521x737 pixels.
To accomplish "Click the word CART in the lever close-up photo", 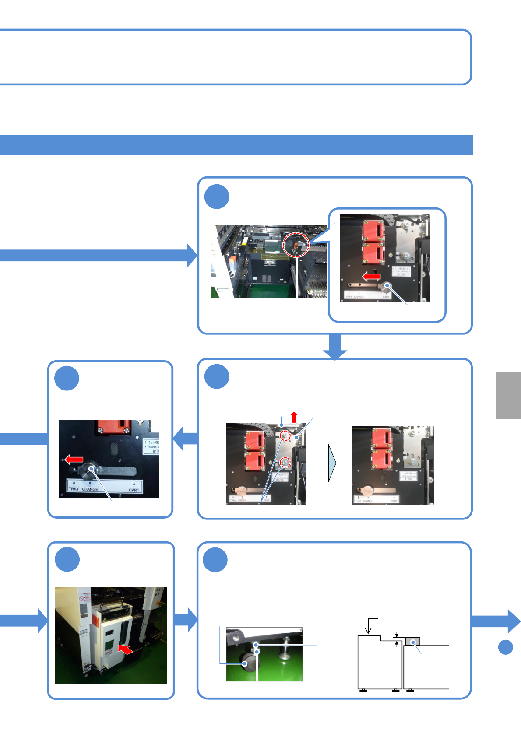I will pos(134,490).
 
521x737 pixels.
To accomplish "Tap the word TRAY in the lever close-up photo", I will pos(74,489).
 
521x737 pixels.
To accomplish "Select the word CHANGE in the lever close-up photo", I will pos(90,489).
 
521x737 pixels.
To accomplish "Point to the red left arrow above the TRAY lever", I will pos(74,459).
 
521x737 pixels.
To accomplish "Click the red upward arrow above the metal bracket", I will pos(294,417).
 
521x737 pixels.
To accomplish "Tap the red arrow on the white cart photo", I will pos(126,649).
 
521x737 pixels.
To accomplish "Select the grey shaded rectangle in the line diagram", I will pos(412,642).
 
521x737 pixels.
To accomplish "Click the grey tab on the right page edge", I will pos(508,396).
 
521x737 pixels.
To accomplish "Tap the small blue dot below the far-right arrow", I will pos(506,647).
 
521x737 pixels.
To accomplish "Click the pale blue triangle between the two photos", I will pos(332,463).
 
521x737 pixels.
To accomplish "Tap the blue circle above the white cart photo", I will pos(67,559).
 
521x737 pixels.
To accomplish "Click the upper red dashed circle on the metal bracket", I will pos(285,436).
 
